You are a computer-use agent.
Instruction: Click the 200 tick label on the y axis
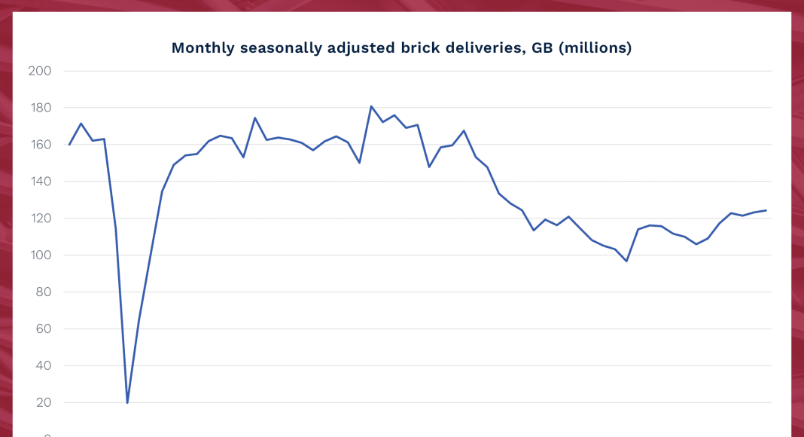pos(38,71)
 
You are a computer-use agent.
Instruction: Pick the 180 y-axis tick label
pos(38,108)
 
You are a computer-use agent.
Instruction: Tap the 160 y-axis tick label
pos(38,145)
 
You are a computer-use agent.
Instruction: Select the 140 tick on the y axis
pos(38,182)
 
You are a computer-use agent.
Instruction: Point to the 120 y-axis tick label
pos(38,218)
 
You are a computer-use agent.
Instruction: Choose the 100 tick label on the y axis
pos(38,255)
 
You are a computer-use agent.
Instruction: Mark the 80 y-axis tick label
pos(41,292)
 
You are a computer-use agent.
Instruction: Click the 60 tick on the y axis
pos(41,329)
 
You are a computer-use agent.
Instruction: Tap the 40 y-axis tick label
pos(41,366)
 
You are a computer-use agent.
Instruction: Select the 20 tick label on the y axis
pos(41,403)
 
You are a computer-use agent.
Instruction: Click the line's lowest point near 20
pos(127,402)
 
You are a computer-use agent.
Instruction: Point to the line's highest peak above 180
pos(371,106)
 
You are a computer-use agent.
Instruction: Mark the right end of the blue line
pos(766,210)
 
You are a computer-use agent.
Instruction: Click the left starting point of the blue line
pos(69,145)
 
